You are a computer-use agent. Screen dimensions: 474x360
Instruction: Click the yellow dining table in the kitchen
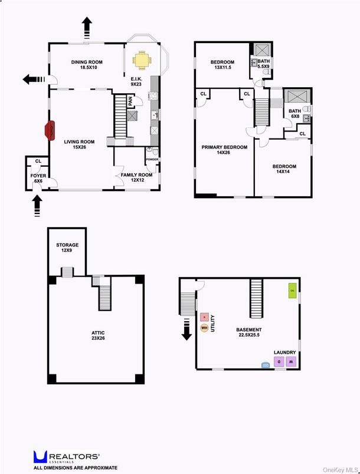point(142,60)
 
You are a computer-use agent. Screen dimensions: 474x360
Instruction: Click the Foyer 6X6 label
point(37,178)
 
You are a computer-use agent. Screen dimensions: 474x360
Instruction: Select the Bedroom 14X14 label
point(284,170)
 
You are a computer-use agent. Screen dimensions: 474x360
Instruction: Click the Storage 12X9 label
point(67,248)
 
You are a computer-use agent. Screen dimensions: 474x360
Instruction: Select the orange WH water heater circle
point(204,328)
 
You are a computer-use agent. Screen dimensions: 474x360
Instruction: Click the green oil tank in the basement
point(292,290)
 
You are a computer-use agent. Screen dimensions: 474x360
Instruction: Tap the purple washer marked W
point(290,362)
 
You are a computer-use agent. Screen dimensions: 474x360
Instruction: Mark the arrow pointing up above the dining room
point(87,26)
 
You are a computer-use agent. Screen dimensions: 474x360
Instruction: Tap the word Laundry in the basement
point(284,353)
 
